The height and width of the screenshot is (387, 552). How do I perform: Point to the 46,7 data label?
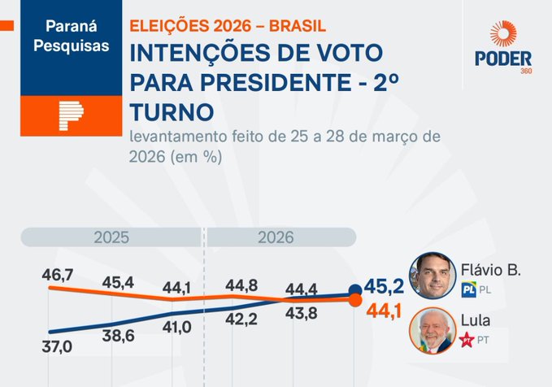(58, 276)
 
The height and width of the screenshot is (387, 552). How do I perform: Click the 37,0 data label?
(57, 347)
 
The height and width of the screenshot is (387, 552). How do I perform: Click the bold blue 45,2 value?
(384, 288)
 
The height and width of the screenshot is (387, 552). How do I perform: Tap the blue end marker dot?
(355, 289)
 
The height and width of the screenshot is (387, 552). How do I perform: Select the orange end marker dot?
(355, 301)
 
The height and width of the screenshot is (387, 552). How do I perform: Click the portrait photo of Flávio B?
(432, 276)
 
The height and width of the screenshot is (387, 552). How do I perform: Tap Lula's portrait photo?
(432, 330)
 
